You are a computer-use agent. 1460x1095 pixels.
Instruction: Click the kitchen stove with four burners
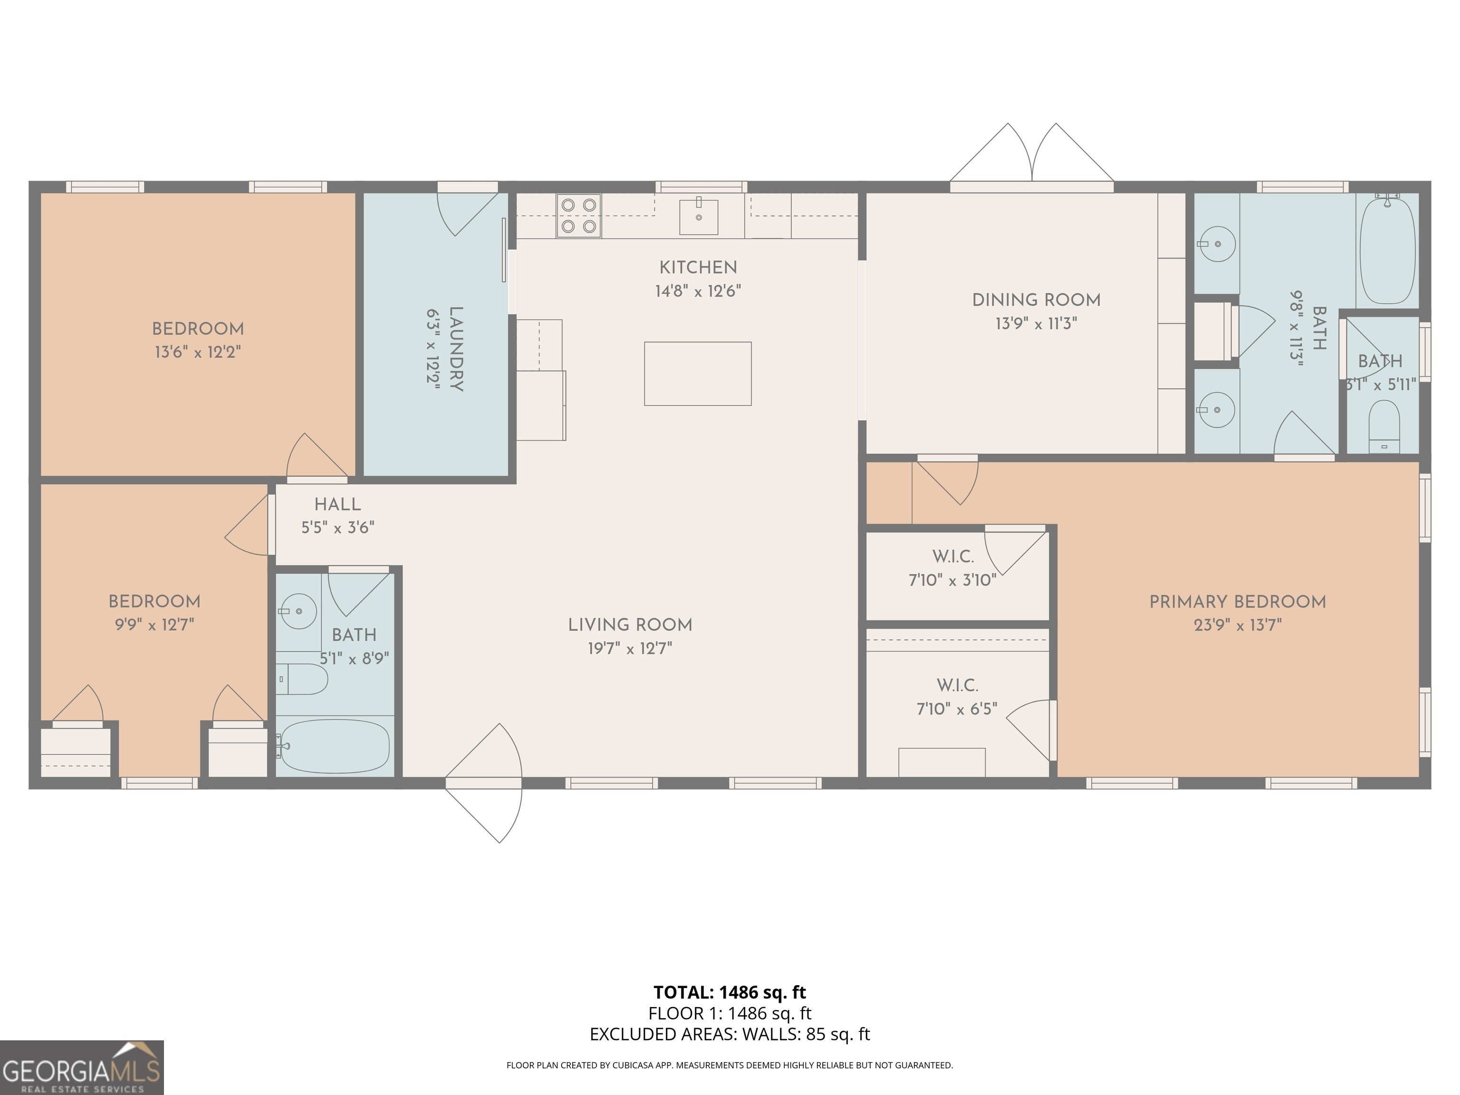coord(579,216)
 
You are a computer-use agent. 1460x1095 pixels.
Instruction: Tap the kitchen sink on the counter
coord(698,216)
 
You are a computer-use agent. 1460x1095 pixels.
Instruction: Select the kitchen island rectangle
coord(698,374)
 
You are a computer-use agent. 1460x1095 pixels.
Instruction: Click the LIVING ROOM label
coord(630,625)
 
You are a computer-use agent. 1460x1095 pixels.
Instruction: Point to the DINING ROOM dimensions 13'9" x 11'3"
coord(1036,324)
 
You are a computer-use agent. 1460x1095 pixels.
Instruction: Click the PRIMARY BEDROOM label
coord(1238,602)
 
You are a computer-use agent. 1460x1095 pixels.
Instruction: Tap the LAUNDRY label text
coord(455,349)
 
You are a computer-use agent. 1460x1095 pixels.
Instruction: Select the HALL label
coord(337,505)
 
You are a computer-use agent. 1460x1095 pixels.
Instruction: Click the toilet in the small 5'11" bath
coord(1384,427)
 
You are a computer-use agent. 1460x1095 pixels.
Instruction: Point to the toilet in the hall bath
coord(302,679)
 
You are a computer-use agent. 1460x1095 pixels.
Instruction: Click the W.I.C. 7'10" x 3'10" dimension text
coord(952,580)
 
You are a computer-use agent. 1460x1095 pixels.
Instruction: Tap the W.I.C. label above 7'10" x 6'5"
coord(957,685)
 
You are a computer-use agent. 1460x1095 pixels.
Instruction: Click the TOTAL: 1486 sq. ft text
coord(730,992)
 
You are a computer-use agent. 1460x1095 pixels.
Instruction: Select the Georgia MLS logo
coord(82,1068)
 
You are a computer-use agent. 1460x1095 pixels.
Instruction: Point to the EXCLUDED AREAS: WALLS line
coord(730,1034)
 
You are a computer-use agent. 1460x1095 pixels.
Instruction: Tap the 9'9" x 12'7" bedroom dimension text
coord(154,624)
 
